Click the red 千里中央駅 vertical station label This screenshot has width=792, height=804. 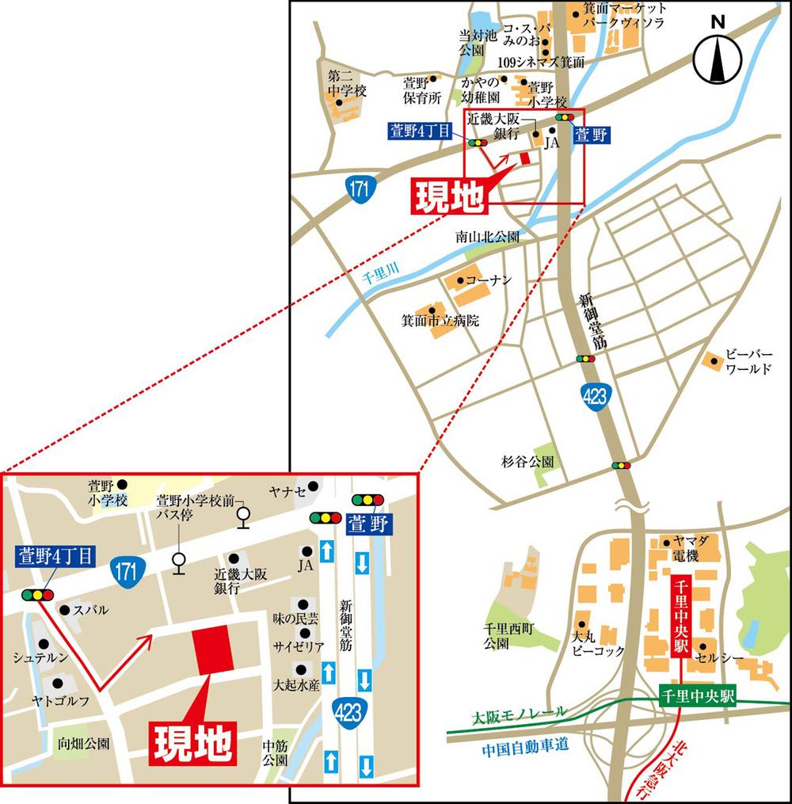pos(680,618)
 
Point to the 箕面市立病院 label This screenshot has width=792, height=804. pos(440,321)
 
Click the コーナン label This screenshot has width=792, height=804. pos(489,280)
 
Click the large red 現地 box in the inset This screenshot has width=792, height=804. pos(192,742)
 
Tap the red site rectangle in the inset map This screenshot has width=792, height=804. pos(213,649)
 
